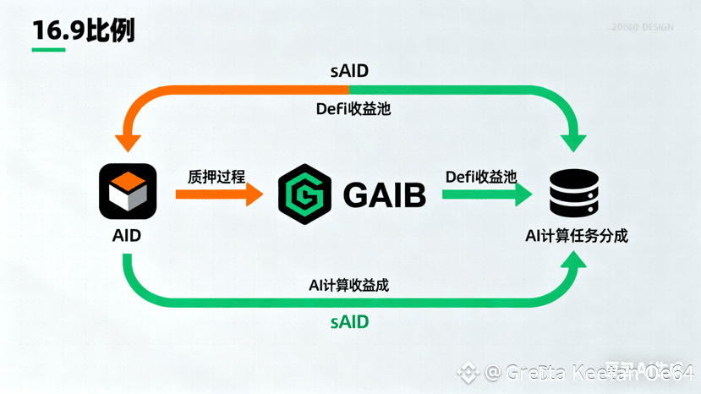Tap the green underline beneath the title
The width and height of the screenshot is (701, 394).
pyautogui.click(x=48, y=49)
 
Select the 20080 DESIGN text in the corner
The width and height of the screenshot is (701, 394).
pyautogui.click(x=643, y=27)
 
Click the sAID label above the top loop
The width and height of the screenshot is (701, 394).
pyautogui.click(x=349, y=70)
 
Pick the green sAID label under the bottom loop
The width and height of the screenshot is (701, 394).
pyautogui.click(x=349, y=322)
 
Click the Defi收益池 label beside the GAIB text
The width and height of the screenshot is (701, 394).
pyautogui.click(x=481, y=176)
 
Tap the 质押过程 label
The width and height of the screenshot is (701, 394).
pyautogui.click(x=216, y=177)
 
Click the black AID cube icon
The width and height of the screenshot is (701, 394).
pyautogui.click(x=127, y=192)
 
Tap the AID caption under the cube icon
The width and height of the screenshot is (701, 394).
pyautogui.click(x=127, y=236)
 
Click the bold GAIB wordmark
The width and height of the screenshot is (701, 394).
pyautogui.click(x=384, y=195)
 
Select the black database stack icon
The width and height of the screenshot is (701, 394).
pyautogui.click(x=574, y=193)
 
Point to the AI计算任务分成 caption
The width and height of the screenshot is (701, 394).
pyautogui.click(x=575, y=236)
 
